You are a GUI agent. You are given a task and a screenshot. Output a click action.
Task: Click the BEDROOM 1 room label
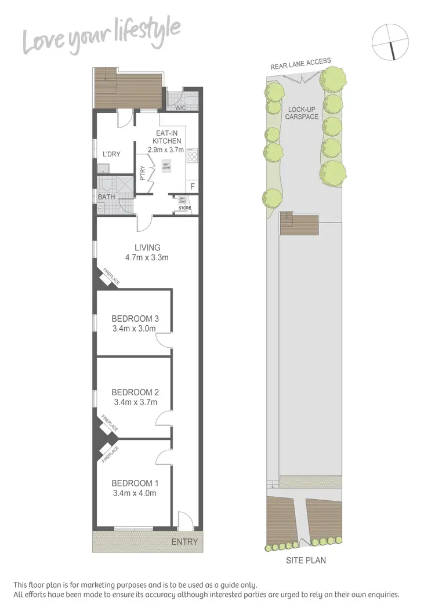coord(135,483)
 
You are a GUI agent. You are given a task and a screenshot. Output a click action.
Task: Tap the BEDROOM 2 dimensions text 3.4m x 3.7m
coord(135,402)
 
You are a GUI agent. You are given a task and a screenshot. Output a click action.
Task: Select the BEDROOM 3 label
coord(135,318)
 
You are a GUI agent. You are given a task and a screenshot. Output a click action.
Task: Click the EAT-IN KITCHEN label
coord(167,137)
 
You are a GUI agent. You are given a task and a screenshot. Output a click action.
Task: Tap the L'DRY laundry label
coord(111,154)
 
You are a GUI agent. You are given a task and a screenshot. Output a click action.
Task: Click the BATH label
coord(106,196)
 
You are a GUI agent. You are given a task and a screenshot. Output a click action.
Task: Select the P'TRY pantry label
coord(143,174)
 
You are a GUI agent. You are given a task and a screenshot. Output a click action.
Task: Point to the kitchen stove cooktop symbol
coord(193,155)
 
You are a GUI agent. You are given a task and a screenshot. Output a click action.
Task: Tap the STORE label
coord(184,208)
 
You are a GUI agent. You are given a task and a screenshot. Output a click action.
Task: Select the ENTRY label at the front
coord(184,543)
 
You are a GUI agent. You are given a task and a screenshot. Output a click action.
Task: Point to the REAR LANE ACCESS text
coord(300,64)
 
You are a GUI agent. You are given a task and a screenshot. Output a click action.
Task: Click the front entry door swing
coord(184,521)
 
